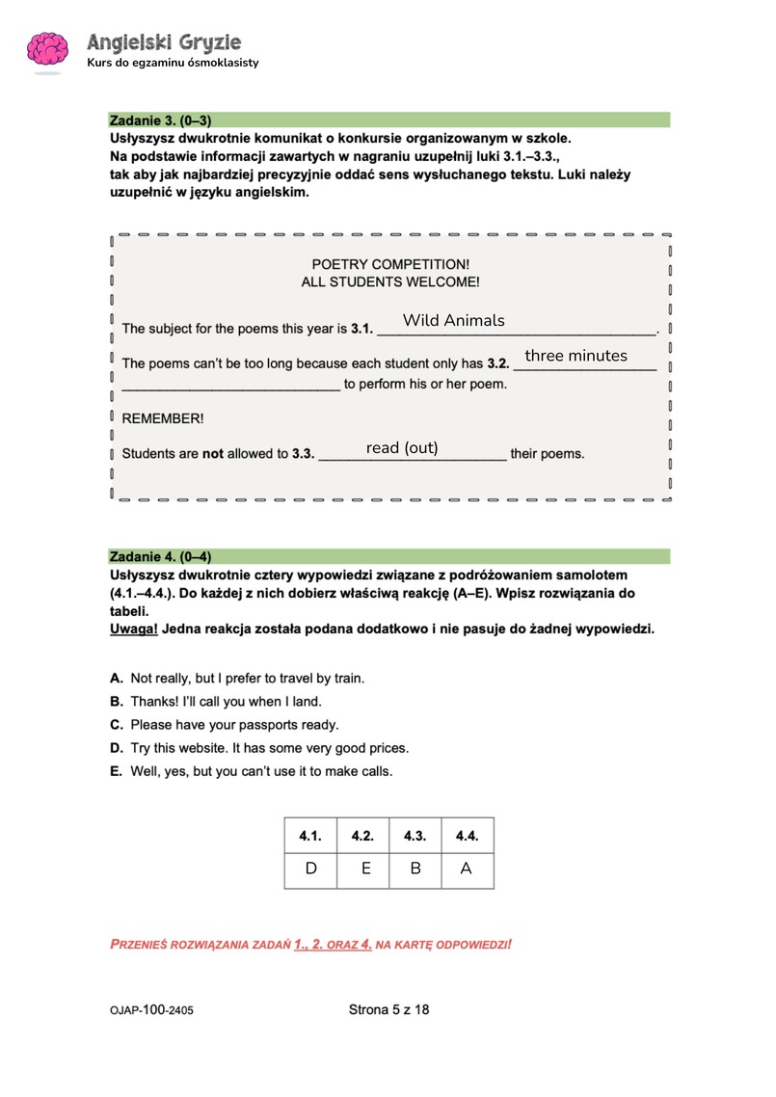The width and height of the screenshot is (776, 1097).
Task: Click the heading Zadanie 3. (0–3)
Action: tap(160, 120)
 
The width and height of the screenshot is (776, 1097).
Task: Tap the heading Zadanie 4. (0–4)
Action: tap(160, 556)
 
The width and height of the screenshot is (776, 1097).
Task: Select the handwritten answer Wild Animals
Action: tap(453, 320)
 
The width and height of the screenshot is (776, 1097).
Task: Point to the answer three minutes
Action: tap(575, 356)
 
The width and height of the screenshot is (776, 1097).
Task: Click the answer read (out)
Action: tap(402, 447)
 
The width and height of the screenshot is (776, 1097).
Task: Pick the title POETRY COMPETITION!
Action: tap(390, 264)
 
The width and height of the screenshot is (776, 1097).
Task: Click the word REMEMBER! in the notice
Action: tap(163, 419)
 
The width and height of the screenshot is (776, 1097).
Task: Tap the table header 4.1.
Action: tap(310, 836)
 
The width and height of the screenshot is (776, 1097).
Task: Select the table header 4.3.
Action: tap(415, 836)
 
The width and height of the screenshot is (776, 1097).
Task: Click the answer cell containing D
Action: tap(310, 869)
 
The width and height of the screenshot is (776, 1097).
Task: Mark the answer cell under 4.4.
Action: tap(467, 869)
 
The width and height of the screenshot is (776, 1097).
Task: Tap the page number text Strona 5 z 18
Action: tap(388, 1010)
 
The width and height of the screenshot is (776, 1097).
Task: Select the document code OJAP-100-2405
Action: tap(156, 1011)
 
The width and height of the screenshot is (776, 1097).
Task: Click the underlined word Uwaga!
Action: tap(134, 629)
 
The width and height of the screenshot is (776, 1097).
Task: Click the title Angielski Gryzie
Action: tap(164, 42)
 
